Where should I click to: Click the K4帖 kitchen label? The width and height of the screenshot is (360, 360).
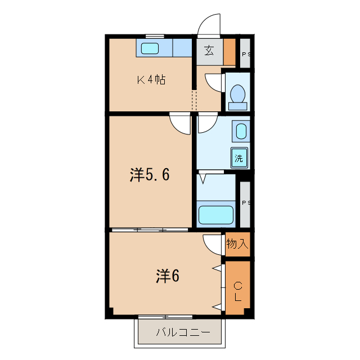coord(151,80)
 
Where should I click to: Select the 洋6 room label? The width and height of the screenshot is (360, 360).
coord(167,276)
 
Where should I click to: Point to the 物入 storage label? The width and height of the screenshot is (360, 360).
coord(237,244)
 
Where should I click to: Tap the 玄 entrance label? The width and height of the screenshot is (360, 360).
coord(209,51)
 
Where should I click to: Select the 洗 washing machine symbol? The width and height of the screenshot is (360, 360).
coord(239,158)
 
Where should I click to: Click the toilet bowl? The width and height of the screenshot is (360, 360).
coord(237,94)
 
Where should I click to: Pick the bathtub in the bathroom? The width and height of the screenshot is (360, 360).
coord(217,214)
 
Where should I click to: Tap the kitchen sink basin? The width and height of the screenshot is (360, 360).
coord(150,48)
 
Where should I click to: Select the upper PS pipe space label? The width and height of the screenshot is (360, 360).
coord(245,55)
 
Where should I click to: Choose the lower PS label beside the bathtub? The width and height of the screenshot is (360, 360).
coord(245,202)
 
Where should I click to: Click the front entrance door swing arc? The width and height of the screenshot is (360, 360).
coord(209,25)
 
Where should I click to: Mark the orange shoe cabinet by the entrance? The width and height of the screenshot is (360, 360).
coord(229,51)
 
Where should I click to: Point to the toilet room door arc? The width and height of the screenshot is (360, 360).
coord(214,83)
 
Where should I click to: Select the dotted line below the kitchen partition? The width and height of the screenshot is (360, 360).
coord(194,101)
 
